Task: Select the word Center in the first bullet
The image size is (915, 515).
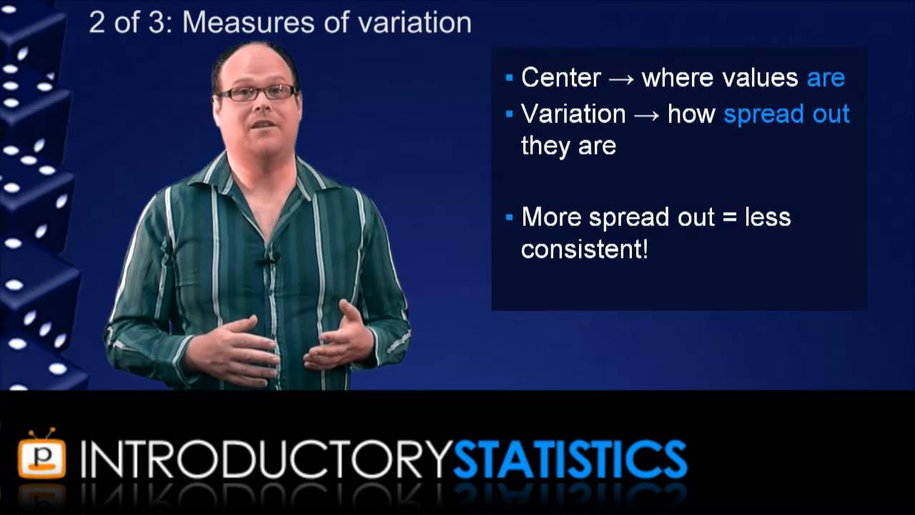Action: pos(560,77)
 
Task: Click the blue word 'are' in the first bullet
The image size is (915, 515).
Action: pos(826,78)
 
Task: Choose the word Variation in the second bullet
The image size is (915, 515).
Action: pos(573,114)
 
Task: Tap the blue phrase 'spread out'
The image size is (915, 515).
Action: pos(786,114)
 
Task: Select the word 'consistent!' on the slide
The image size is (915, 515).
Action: pos(584,249)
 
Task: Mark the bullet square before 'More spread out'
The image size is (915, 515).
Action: pos(509,217)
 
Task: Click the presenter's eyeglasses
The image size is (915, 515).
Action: pos(257,92)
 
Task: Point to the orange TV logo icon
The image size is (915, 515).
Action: pos(41,455)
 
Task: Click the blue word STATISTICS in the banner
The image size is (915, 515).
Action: pos(570,459)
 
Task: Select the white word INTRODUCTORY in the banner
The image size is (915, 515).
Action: pos(266,459)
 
